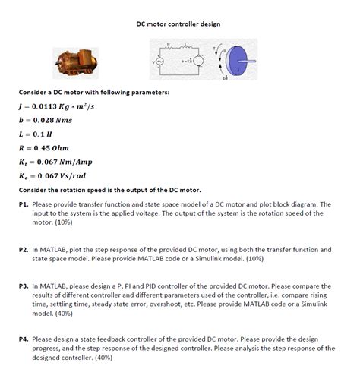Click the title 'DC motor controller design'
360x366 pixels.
point(179,24)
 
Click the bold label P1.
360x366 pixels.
point(24,204)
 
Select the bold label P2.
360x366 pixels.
point(24,248)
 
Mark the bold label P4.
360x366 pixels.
point(24,339)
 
